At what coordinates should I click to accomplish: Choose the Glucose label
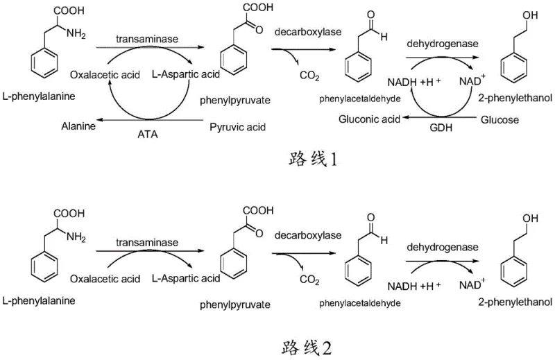pyautogui.click(x=499, y=119)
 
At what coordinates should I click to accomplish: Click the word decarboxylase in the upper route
pyautogui.click(x=305, y=31)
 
